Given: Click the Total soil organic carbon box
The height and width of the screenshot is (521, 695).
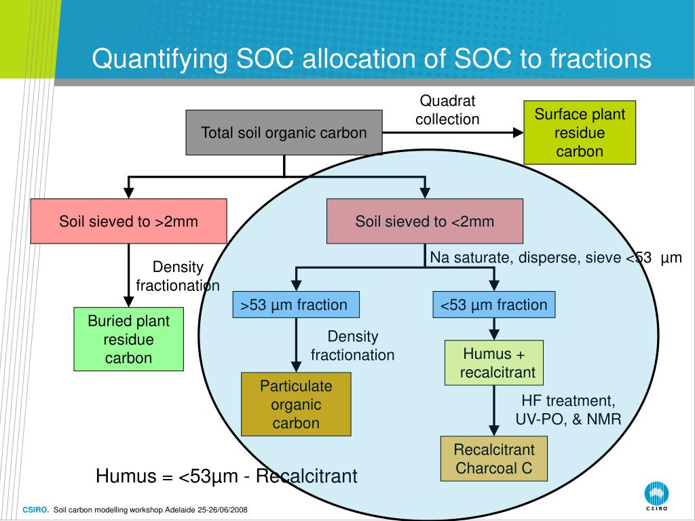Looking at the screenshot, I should pyautogui.click(x=284, y=132).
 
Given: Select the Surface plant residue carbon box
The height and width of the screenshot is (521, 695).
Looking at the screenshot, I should pyautogui.click(x=580, y=132).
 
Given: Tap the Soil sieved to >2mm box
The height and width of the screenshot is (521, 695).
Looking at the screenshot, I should pyautogui.click(x=128, y=221).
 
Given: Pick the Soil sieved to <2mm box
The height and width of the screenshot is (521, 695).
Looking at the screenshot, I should pyautogui.click(x=425, y=221).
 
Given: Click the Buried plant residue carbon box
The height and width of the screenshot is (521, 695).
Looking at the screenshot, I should pyautogui.click(x=128, y=339).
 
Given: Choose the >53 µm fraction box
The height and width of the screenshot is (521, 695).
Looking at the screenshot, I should pyautogui.click(x=295, y=305).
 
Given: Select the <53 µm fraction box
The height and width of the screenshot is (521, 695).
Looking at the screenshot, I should pyautogui.click(x=494, y=305).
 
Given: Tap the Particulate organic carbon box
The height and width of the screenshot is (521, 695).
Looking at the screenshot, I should pyautogui.click(x=296, y=405).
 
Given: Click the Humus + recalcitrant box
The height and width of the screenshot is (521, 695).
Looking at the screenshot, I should pyautogui.click(x=494, y=363).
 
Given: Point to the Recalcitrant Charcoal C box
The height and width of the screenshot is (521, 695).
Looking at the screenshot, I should pyautogui.click(x=494, y=459).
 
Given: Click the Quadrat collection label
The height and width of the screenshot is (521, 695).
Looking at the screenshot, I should pyautogui.click(x=447, y=111).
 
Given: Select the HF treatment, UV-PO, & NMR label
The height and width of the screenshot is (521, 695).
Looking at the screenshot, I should pyautogui.click(x=568, y=410).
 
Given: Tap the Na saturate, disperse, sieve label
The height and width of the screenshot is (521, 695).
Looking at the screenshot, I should pyautogui.click(x=555, y=258).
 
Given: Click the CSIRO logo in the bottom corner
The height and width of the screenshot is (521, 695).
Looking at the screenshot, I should pyautogui.click(x=656, y=496).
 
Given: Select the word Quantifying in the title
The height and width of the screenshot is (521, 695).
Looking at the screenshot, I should pyautogui.click(x=160, y=60).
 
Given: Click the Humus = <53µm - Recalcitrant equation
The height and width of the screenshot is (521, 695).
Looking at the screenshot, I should pyautogui.click(x=226, y=476).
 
